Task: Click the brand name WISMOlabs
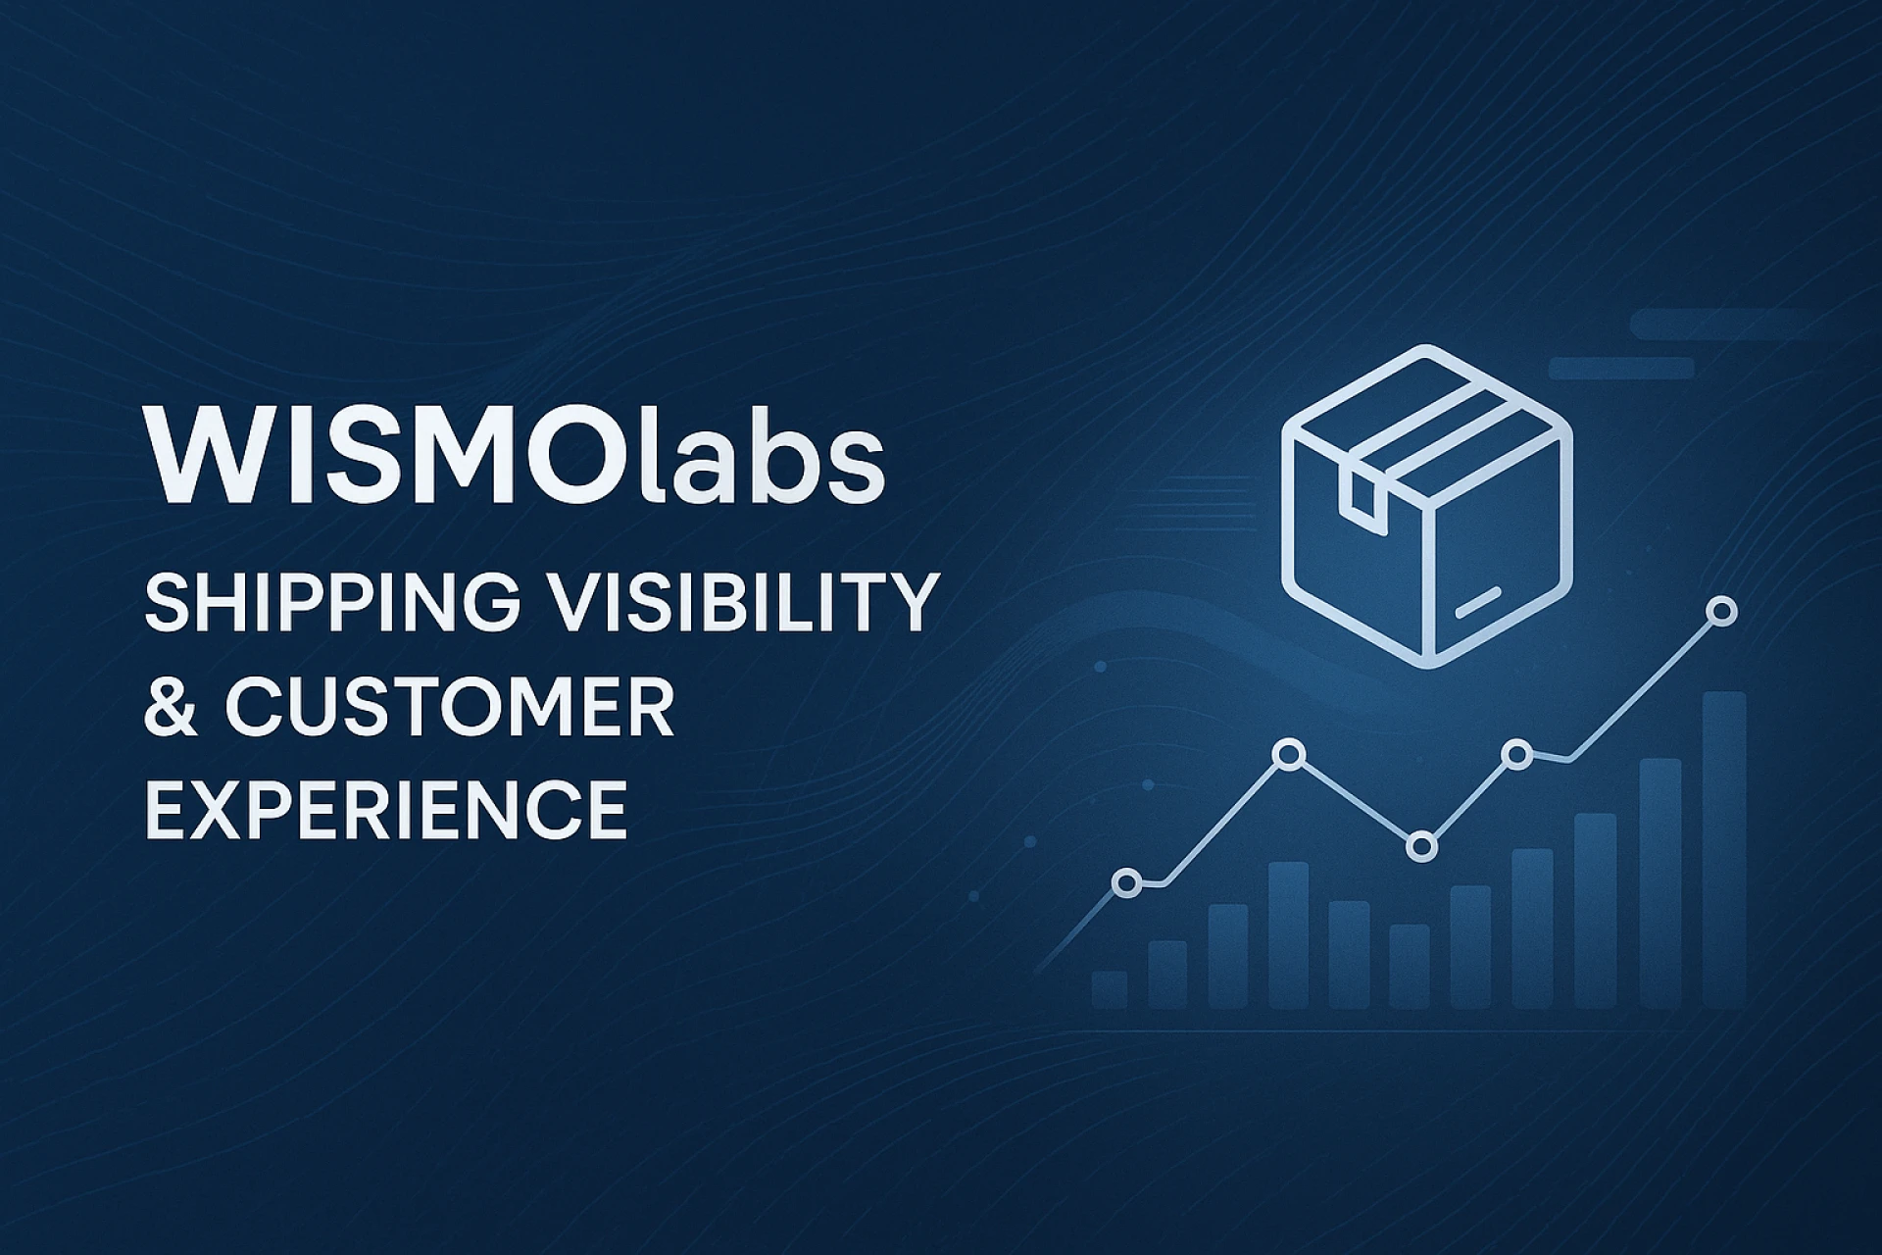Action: (x=516, y=455)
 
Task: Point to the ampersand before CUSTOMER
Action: (x=173, y=706)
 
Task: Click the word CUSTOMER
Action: (x=450, y=706)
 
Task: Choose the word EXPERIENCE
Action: (x=386, y=810)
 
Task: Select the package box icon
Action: (x=1427, y=506)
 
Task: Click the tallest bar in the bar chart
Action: (x=1724, y=850)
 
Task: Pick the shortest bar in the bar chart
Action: (x=1110, y=990)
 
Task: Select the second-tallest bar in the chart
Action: (x=1660, y=883)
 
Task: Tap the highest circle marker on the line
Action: (x=1721, y=612)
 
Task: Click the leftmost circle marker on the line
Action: (x=1127, y=883)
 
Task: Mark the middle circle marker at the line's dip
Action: (x=1421, y=846)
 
